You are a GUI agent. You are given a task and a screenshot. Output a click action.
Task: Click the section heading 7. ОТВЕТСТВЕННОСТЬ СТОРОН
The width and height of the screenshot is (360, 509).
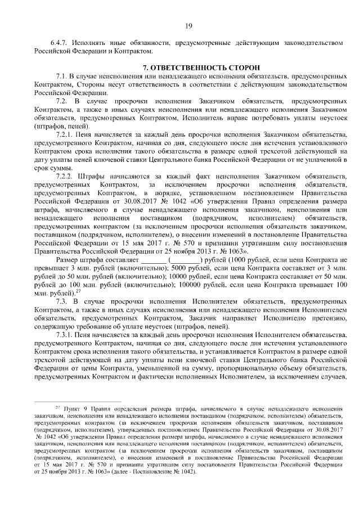188,66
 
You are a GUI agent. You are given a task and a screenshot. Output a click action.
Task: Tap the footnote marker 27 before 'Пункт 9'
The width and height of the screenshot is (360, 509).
57,406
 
